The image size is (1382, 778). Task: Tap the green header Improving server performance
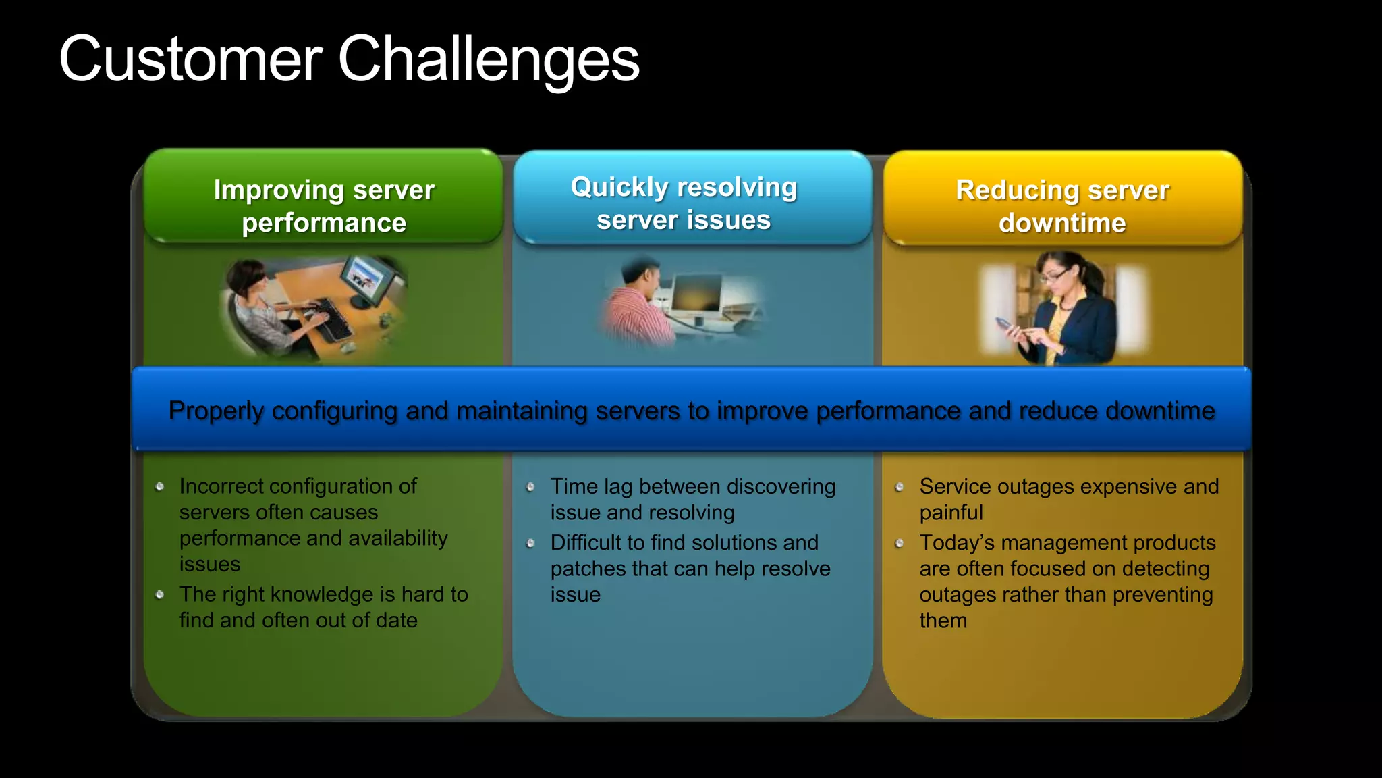(x=324, y=205)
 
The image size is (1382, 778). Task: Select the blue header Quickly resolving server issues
(x=684, y=203)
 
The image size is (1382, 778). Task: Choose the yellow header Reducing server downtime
(x=1062, y=205)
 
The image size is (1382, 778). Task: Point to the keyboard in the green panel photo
(x=328, y=317)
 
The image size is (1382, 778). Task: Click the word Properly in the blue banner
(x=216, y=411)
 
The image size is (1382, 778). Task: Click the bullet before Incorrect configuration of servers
(x=160, y=486)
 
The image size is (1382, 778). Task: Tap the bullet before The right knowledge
(x=160, y=594)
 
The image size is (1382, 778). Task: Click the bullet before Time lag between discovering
(x=530, y=486)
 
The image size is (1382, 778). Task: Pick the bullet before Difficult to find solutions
(x=530, y=543)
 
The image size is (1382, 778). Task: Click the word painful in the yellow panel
(x=950, y=513)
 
